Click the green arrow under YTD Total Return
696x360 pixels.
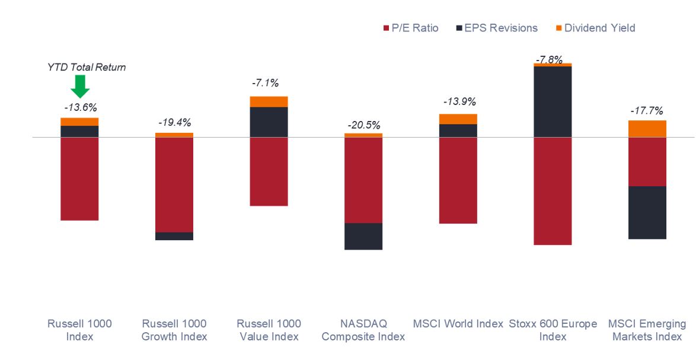79,87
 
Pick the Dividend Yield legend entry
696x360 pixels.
594,28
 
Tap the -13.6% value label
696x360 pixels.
80,107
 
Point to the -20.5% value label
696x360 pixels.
363,125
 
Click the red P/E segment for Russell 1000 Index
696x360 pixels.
79,179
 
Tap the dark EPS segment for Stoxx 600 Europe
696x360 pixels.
553,101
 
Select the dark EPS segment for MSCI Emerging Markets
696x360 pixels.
647,212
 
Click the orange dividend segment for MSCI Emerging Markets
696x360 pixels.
647,129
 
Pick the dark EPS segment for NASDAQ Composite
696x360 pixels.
363,236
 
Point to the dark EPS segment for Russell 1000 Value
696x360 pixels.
269,122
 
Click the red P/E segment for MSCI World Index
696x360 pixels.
458,180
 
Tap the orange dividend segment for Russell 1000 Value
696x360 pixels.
269,101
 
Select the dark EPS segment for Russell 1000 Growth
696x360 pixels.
174,236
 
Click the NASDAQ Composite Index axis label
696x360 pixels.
363,330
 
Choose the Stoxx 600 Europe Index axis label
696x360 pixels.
553,330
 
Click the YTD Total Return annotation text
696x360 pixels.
87,68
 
